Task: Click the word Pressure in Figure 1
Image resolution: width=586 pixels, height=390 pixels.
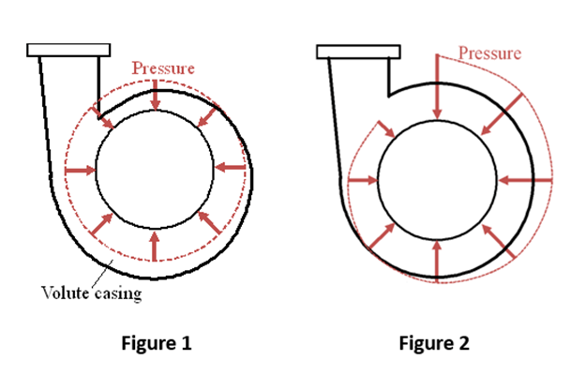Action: point(163,68)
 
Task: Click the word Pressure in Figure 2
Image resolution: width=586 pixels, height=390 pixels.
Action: point(489,52)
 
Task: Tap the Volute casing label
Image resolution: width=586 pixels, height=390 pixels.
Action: point(92,292)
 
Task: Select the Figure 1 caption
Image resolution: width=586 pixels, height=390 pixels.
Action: point(157,343)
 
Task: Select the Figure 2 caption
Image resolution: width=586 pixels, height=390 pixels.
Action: point(434,343)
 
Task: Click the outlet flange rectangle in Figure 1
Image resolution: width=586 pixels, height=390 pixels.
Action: point(68,50)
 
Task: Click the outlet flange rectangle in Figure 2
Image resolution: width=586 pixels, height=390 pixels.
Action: point(358,52)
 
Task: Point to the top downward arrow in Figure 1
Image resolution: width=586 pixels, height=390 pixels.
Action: point(155,96)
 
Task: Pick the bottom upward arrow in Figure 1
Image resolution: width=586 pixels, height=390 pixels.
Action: point(155,247)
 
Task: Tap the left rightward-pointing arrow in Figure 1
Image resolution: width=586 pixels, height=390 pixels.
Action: point(81,171)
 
